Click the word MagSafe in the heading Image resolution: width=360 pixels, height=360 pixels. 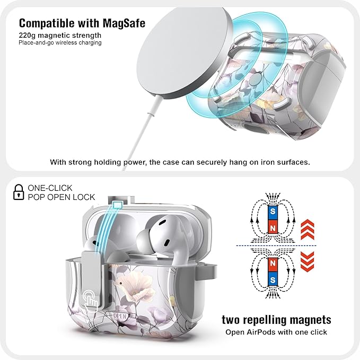[x=124, y=23]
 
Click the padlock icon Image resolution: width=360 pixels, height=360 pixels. [x=19, y=192]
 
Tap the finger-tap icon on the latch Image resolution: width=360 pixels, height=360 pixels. [x=91, y=298]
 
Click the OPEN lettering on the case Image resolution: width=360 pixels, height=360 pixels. [x=120, y=316]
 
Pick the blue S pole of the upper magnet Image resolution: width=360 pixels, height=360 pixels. [x=273, y=211]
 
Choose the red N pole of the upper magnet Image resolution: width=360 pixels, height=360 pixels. [x=273, y=228]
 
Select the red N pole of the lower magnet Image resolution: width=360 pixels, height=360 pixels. [x=273, y=264]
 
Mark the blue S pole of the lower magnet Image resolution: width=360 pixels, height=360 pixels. [x=273, y=280]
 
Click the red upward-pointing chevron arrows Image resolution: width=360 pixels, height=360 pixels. [x=307, y=229]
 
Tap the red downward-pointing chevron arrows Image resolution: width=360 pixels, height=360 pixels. [x=307, y=261]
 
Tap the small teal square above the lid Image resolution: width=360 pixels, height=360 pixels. [x=117, y=204]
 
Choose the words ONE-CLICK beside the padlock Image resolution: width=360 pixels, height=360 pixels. [x=50, y=188]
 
